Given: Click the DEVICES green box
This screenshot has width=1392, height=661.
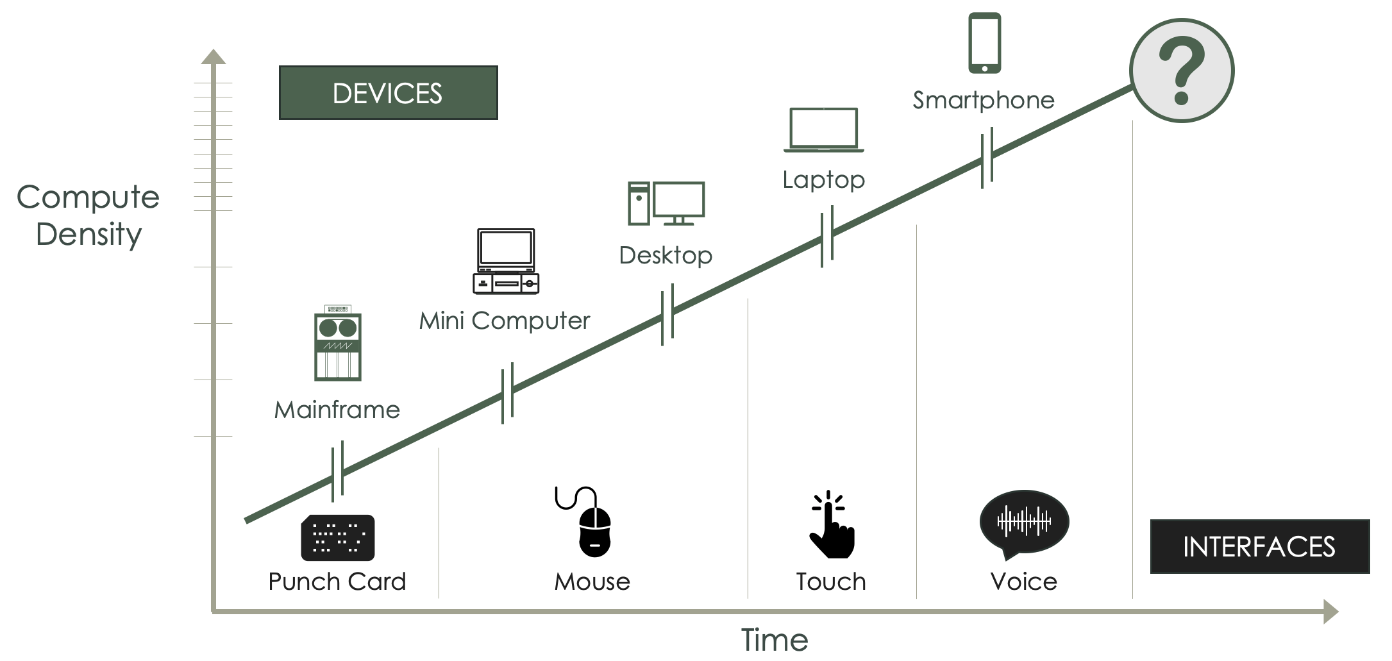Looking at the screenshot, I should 388,93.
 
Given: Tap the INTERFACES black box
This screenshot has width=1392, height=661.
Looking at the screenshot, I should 1259,546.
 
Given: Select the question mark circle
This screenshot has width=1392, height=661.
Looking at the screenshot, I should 1182,71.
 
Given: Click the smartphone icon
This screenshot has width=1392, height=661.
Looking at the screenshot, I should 984,43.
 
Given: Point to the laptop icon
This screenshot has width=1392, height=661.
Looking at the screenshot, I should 824,130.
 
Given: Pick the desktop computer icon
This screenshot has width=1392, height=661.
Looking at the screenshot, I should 666,204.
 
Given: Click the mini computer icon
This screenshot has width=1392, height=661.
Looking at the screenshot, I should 506,262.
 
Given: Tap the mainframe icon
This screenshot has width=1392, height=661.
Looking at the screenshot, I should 338,344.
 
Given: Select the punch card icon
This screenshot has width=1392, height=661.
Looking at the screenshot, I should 338,537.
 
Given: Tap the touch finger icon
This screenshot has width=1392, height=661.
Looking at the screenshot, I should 831,524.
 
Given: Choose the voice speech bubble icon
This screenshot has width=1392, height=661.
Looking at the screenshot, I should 1024,523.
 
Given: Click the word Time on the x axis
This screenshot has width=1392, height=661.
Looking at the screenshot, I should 775,639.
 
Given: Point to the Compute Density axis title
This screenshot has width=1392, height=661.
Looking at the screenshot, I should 88,215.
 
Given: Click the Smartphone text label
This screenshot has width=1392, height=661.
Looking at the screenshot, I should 984,100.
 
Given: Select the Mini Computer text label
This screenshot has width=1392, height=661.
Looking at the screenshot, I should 505,320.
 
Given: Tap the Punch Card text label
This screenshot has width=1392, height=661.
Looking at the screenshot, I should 337,582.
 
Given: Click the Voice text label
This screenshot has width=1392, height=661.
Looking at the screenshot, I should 1024,582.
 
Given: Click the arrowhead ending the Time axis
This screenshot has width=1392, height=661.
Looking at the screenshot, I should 1330,612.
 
